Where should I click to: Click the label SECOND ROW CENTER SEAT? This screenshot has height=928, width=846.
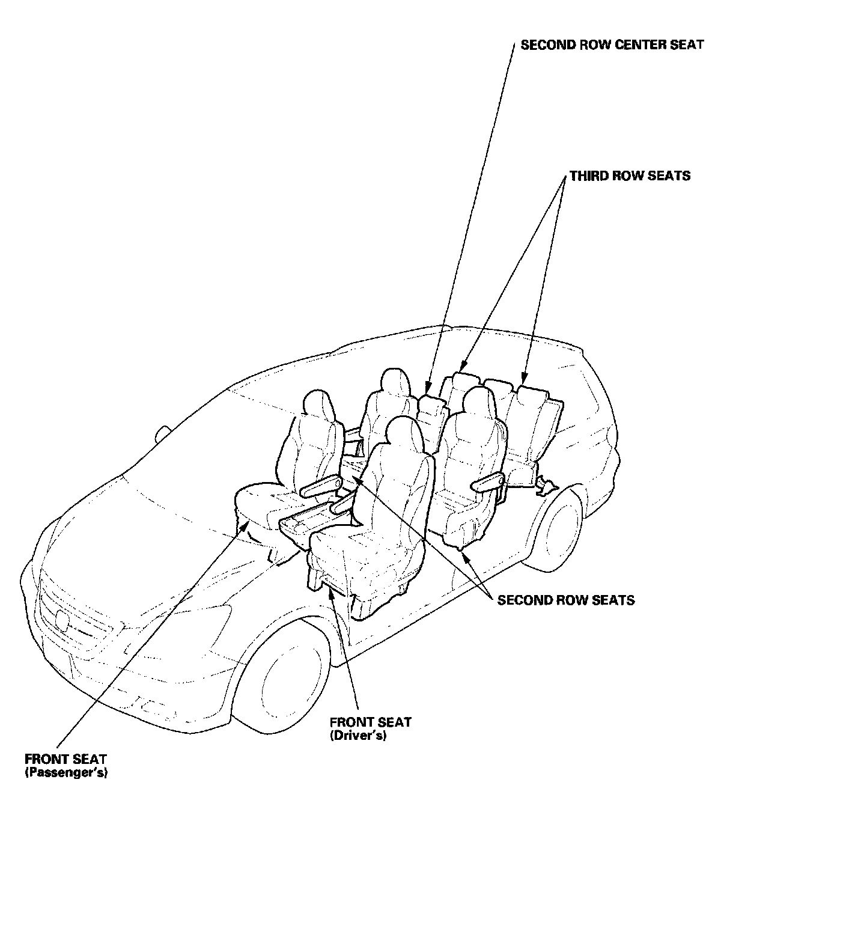(612, 45)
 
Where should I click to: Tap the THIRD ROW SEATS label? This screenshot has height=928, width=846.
(630, 176)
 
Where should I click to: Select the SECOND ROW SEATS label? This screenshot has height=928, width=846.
(565, 600)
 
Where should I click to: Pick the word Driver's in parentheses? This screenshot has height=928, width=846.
(358, 736)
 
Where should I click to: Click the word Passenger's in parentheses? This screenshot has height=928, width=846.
(66, 773)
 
